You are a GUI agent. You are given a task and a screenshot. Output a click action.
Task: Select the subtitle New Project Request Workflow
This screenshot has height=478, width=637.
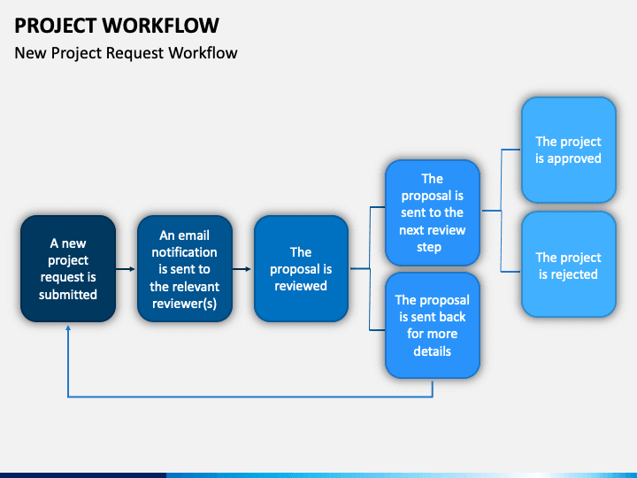tap(126, 53)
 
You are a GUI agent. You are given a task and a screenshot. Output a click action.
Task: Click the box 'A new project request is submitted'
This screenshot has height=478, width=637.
tap(68, 268)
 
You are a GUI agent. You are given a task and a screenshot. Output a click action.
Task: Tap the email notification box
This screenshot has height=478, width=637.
tap(185, 268)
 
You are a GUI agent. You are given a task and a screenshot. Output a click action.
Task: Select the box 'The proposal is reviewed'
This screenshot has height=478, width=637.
tap(301, 268)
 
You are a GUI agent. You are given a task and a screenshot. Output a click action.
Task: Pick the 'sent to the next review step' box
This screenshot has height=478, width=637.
tap(432, 212)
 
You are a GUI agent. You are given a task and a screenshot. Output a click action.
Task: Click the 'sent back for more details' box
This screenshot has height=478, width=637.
tap(432, 325)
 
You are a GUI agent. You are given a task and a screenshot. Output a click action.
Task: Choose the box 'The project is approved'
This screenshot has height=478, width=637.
tap(568, 150)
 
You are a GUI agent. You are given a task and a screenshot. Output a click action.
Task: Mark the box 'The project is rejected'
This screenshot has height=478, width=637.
tap(568, 266)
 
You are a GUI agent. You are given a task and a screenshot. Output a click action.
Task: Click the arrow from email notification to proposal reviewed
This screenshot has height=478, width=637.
tap(243, 268)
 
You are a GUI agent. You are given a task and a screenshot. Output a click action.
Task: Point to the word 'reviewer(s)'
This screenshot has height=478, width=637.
tap(184, 303)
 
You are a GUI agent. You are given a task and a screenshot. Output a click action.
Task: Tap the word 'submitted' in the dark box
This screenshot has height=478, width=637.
tap(68, 294)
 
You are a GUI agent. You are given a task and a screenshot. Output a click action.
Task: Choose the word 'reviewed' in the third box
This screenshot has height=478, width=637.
tap(301, 286)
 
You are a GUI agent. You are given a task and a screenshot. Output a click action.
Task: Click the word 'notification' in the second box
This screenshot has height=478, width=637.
tap(185, 252)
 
